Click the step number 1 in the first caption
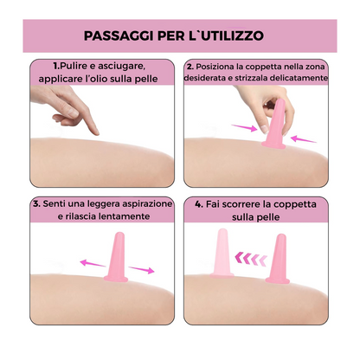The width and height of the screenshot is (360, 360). (x=56, y=66)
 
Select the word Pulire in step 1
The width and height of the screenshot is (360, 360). (x=74, y=66)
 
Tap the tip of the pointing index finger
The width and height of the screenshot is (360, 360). (x=97, y=133)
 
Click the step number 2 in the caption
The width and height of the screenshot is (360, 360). (x=190, y=67)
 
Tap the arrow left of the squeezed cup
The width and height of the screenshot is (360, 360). (x=244, y=127)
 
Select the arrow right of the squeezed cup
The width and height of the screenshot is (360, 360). (x=304, y=139)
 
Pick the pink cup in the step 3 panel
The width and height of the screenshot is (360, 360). (x=116, y=257)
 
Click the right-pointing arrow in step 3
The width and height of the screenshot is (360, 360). (x=142, y=270)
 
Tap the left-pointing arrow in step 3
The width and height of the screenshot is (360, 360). (x=93, y=263)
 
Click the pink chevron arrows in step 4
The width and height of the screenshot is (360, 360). (x=251, y=258)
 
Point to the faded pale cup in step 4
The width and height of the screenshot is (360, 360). (x=222, y=254)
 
